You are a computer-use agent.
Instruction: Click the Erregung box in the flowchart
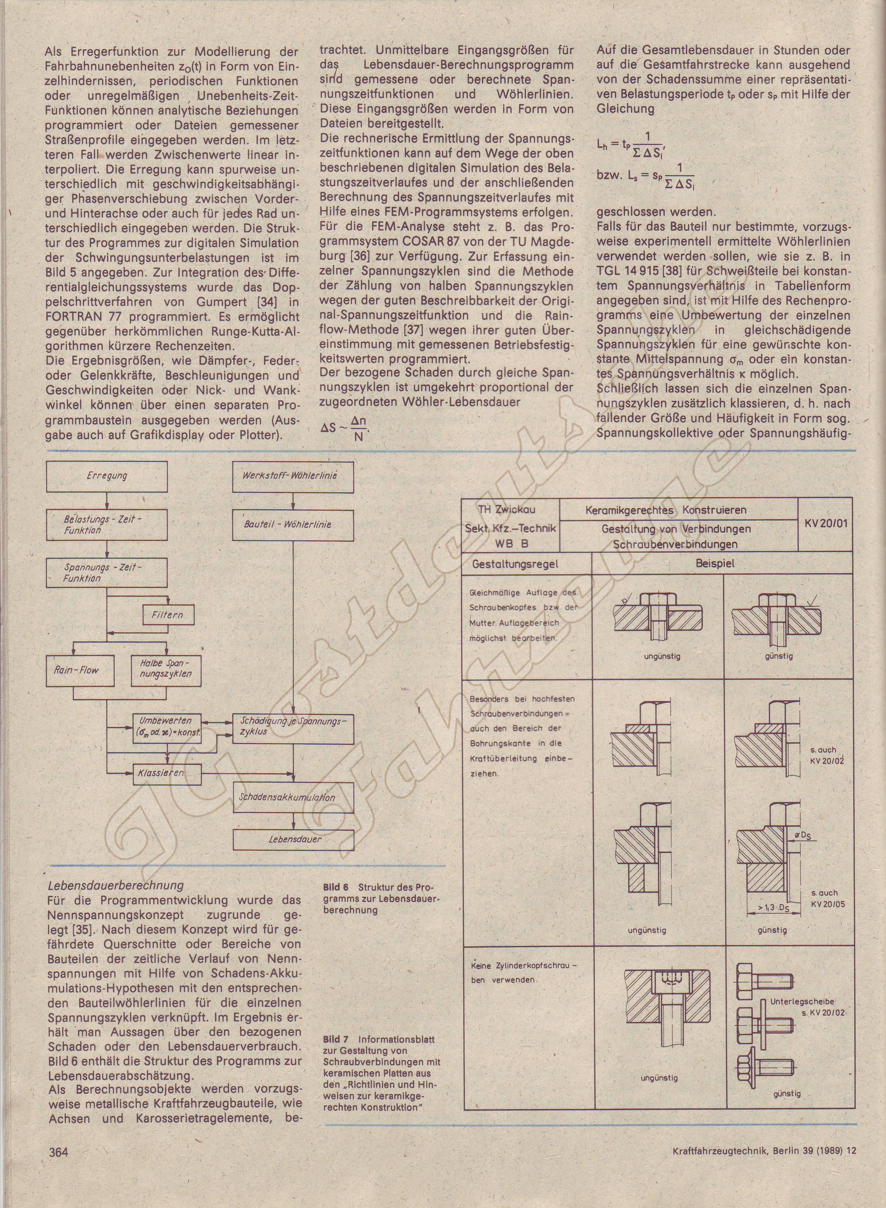107,476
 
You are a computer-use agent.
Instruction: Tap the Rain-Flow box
80,670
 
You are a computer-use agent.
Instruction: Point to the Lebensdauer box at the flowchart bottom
293,839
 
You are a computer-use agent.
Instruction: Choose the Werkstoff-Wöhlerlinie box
293,476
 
